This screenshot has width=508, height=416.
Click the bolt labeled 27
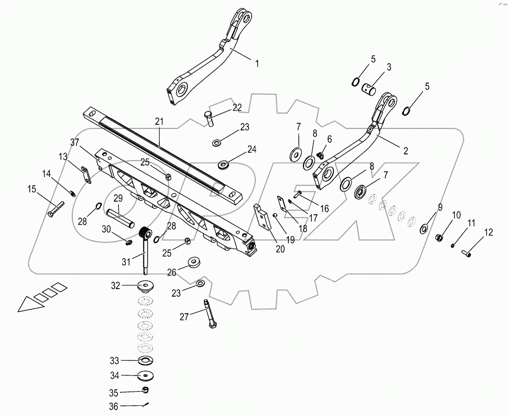208,315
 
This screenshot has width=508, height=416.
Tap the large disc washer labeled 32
146,286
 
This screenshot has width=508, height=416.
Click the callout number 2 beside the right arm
405,151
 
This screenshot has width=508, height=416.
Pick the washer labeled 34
146,376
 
